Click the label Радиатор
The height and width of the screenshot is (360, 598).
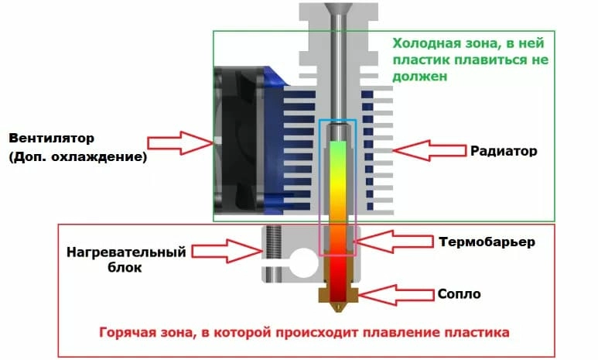503,150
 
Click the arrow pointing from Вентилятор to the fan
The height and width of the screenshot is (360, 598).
179,142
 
